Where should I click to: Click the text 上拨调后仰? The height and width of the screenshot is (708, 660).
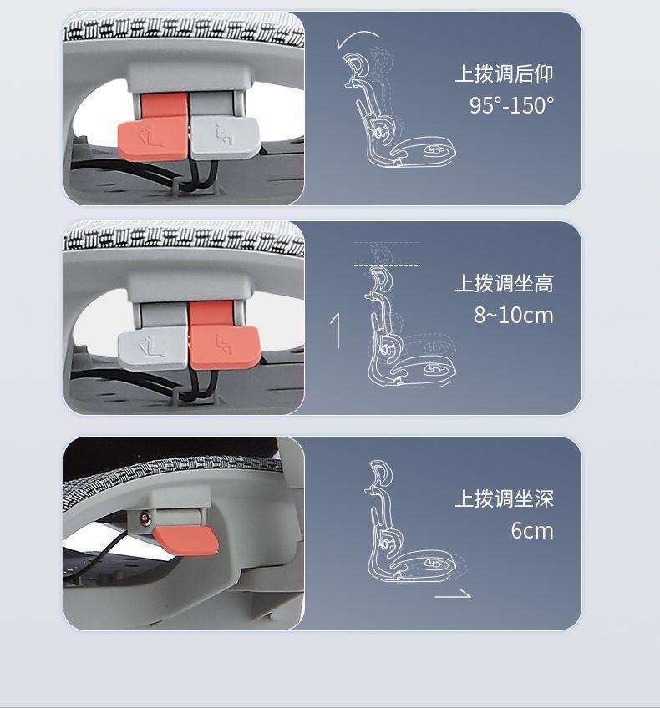[x=504, y=73]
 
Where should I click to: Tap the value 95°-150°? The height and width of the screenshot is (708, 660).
[x=511, y=105]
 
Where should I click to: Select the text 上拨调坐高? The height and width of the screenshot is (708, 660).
[x=504, y=284]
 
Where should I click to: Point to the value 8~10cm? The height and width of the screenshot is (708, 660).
[x=514, y=315]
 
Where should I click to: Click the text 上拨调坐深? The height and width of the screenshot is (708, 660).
[x=504, y=499]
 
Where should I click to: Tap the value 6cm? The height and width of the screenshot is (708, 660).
[x=532, y=530]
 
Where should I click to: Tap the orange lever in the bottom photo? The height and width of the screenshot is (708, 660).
[x=186, y=540]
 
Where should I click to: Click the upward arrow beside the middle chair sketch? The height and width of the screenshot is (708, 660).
[x=336, y=331]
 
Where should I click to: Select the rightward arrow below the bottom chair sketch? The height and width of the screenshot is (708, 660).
[x=453, y=595]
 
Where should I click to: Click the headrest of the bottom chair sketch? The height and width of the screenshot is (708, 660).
[x=379, y=474]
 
